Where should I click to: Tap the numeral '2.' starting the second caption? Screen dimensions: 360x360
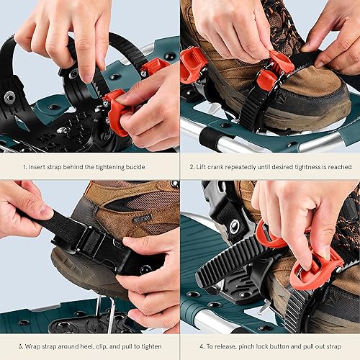pyautogui.click(x=191, y=166)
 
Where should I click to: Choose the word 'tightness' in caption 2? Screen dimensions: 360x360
pyautogui.click(x=300, y=166)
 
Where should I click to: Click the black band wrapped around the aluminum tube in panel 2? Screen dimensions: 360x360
pyautogui.click(x=210, y=137)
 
